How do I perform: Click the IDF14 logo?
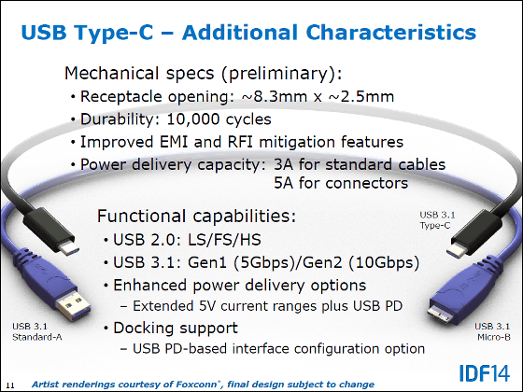point(485,373)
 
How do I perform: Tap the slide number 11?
point(10,385)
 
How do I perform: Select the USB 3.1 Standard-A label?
point(37,331)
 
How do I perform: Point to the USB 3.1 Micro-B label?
point(493,331)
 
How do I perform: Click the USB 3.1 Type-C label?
point(437,220)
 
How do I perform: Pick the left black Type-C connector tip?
point(69,247)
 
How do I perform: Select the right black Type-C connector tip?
point(457,249)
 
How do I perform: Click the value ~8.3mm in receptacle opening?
point(275,97)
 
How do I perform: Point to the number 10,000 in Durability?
point(192,119)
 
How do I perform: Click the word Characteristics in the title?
point(391,33)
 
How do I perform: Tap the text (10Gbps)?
point(384,262)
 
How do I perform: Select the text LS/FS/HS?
point(224,240)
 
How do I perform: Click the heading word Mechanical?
point(111,74)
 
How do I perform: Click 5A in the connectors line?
point(284,183)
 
